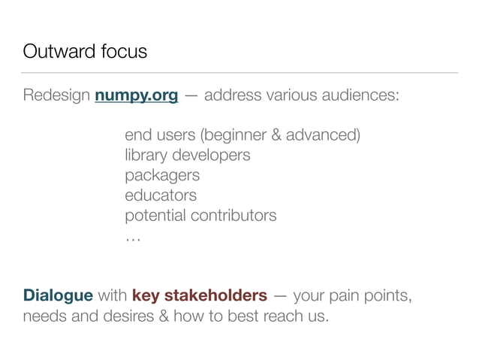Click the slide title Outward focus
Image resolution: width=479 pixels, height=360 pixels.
pyautogui.click(x=85, y=52)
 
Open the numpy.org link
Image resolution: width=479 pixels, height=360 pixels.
pyautogui.click(x=136, y=96)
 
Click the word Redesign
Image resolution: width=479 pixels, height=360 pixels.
pyautogui.click(x=56, y=96)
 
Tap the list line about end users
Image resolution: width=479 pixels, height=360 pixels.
pyautogui.click(x=242, y=136)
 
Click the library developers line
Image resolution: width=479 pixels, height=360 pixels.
pyautogui.click(x=187, y=156)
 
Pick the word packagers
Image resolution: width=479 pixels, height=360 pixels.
pyautogui.click(x=161, y=175)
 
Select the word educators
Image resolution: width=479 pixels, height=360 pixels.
pyautogui.click(x=160, y=195)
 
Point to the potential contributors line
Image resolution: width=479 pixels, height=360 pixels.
pyautogui.click(x=200, y=215)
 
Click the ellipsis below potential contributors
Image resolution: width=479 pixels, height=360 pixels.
pyautogui.click(x=132, y=237)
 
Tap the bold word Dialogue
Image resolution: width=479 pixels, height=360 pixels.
pyautogui.click(x=58, y=294)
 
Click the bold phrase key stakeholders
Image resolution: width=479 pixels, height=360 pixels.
pyautogui.click(x=199, y=294)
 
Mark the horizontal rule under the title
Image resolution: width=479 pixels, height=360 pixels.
pyautogui.click(x=239, y=73)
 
